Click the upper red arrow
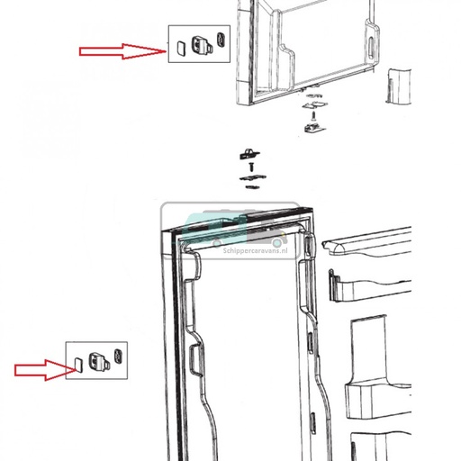[x=122, y=51]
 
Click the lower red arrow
[x=45, y=370]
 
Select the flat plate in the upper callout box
[x=181, y=48]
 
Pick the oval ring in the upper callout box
[x=221, y=40]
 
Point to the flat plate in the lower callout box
[x=78, y=365]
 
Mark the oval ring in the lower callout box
[x=118, y=357]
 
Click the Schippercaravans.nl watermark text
[x=255, y=250]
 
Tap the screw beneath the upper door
[x=313, y=115]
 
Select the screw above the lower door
[x=251, y=167]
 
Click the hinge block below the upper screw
[x=314, y=128]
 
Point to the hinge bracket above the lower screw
[x=249, y=154]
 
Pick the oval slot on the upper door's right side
[x=371, y=48]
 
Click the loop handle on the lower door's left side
[x=196, y=360]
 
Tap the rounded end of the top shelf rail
[x=338, y=248]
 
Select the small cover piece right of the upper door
[x=398, y=86]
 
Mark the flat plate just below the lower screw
[x=253, y=178]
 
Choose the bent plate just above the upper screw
[x=315, y=105]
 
